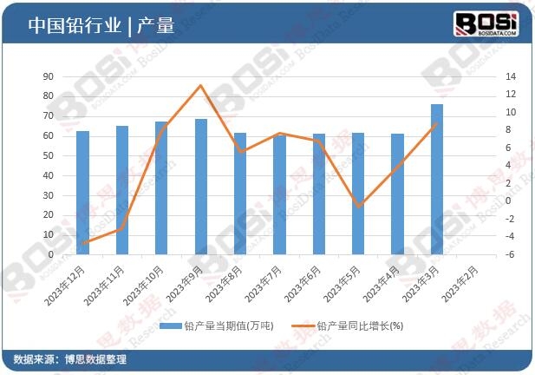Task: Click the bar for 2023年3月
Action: [437, 180]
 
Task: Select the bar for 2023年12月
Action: [82, 193]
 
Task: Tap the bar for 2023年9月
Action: [201, 187]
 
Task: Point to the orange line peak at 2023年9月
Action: [201, 85]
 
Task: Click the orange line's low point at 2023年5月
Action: [358, 206]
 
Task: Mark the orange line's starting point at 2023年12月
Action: [82, 244]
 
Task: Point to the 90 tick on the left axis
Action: [49, 76]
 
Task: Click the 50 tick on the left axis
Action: [49, 156]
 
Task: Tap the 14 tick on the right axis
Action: [512, 76]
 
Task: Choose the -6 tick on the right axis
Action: [512, 255]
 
